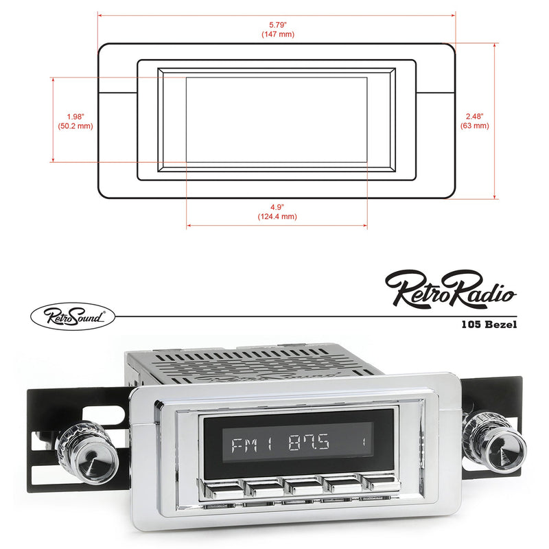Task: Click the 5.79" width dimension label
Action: (277, 24)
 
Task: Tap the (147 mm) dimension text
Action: (277, 34)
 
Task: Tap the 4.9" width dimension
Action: (277, 206)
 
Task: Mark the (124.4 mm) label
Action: (277, 216)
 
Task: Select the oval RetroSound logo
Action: (72, 316)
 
